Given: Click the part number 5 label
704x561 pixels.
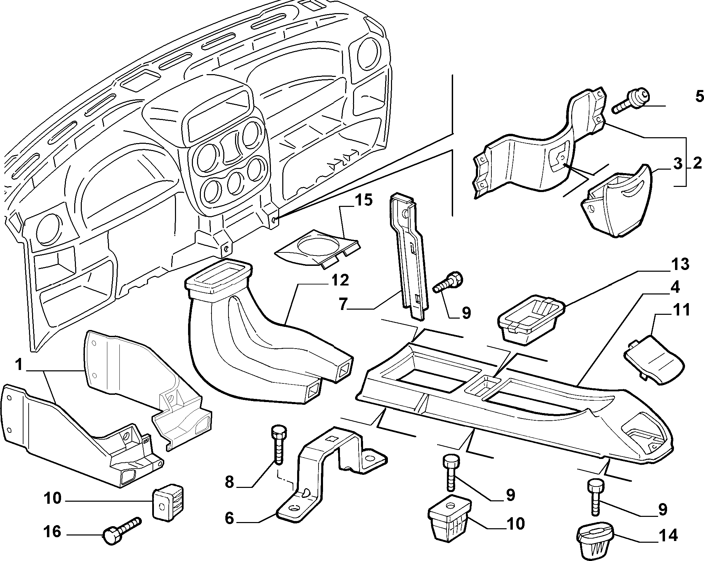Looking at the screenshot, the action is (699, 97).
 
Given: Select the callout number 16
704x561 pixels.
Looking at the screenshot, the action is (52, 532).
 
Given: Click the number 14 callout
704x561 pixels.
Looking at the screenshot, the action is (667, 535).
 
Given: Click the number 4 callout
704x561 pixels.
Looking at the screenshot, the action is (675, 288).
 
